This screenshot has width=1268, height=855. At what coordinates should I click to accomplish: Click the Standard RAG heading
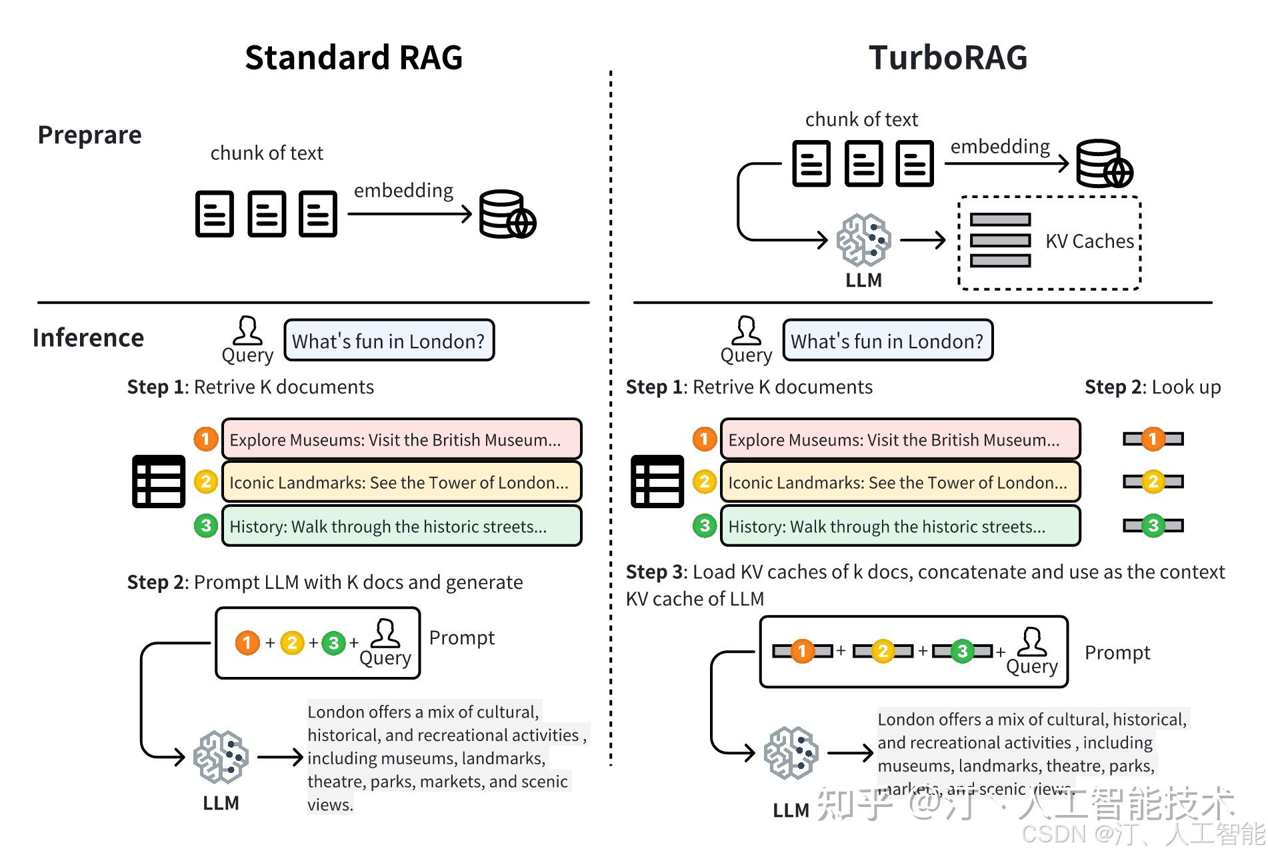353,57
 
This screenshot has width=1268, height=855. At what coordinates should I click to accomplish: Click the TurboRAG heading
947,57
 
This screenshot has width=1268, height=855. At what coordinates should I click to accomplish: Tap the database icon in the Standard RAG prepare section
507,214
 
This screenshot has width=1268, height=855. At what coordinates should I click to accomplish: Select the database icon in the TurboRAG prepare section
1104,163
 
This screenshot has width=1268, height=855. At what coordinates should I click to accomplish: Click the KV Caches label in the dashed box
1089,241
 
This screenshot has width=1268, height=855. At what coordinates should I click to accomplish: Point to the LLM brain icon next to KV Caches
863,240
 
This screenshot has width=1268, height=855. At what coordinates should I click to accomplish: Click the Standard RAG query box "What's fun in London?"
389,341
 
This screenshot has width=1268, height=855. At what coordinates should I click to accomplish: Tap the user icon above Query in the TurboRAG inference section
746,330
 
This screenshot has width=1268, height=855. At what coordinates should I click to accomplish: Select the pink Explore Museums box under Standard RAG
401,439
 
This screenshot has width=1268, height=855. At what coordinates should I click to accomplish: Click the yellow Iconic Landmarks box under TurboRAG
899,482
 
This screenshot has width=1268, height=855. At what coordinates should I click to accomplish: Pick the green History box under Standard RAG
401,526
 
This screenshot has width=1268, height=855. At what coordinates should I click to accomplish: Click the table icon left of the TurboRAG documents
657,481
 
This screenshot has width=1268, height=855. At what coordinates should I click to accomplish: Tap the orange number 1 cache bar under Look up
1153,439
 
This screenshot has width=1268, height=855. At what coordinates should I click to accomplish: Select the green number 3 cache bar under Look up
1153,526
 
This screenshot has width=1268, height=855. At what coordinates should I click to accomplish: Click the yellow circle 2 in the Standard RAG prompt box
292,643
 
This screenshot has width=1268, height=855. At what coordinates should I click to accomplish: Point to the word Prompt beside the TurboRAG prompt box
1117,652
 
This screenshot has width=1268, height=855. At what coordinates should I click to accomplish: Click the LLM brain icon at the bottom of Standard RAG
221,757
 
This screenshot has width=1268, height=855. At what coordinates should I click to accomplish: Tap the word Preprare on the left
89,135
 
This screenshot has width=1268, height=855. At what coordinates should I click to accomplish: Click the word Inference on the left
88,338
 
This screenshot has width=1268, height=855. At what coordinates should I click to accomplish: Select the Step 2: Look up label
1152,387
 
